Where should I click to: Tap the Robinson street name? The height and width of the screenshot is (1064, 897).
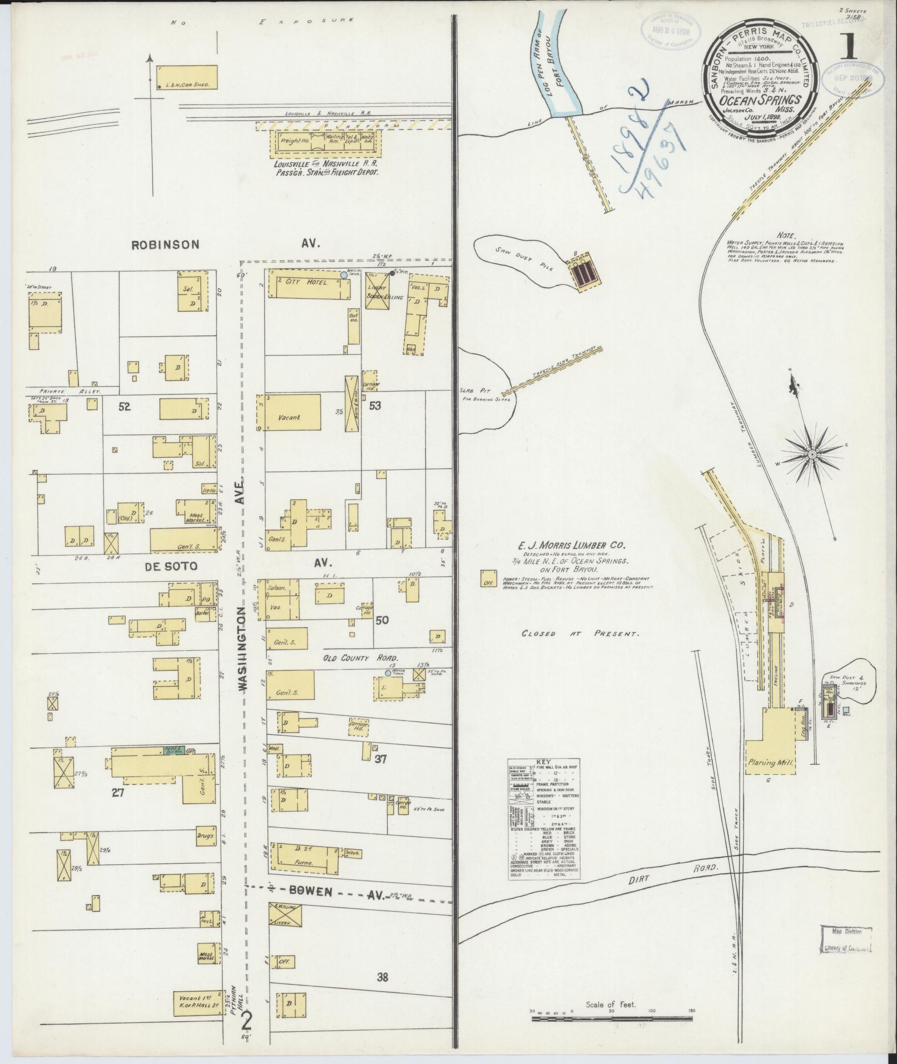[x=165, y=244]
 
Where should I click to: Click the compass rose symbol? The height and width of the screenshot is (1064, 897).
[x=812, y=454]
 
